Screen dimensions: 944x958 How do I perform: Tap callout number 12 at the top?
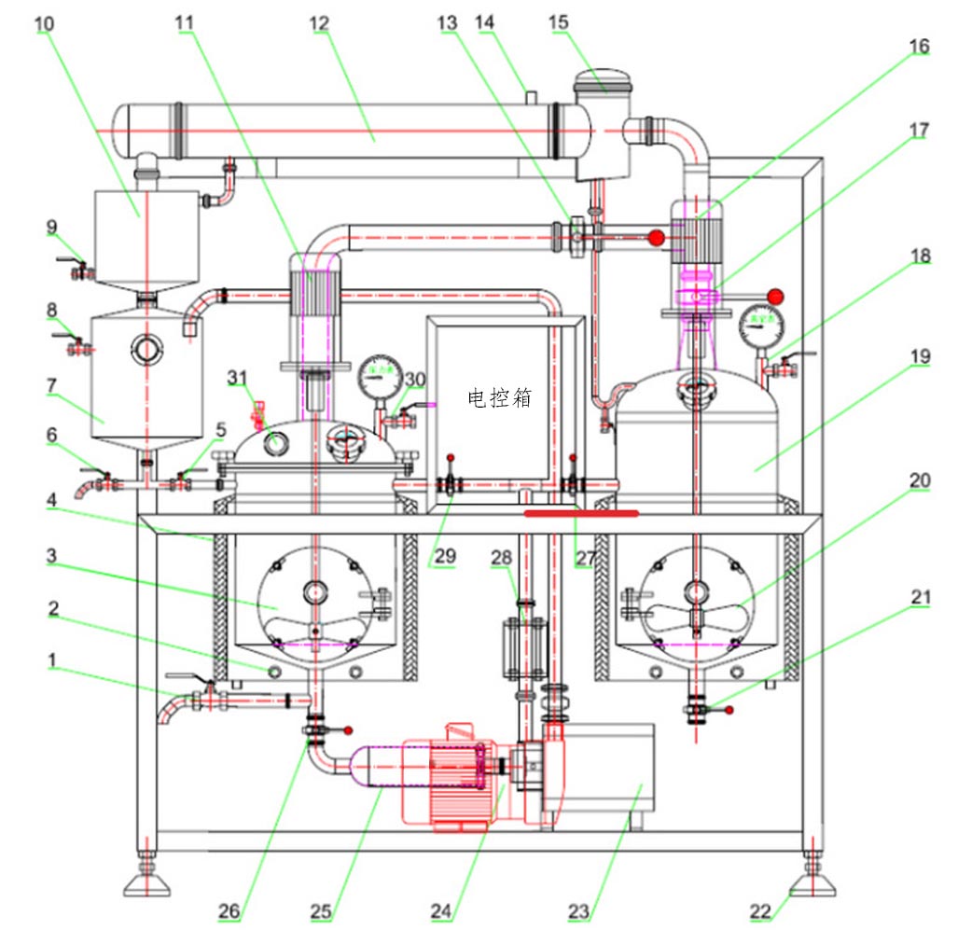pyautogui.click(x=320, y=21)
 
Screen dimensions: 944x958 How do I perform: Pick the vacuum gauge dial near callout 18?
pyautogui.click(x=760, y=326)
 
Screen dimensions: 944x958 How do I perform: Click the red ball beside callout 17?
pyautogui.click(x=773, y=296)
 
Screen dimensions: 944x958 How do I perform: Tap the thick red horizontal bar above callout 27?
pyautogui.click(x=581, y=512)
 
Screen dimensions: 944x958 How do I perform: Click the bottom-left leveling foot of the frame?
pyautogui.click(x=146, y=881)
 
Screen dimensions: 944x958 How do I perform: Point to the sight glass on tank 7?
pyautogui.click(x=146, y=349)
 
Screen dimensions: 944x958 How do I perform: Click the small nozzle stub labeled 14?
pyautogui.click(x=530, y=96)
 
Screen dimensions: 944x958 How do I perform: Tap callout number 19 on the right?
pyautogui.click(x=920, y=356)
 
